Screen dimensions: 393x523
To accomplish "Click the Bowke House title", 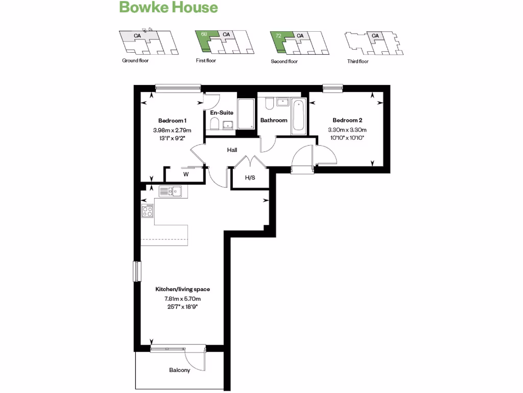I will (169, 8).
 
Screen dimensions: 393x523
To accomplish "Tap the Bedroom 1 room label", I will (172, 120).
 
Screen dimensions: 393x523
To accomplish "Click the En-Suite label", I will (222, 113).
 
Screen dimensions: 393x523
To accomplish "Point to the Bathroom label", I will (274, 120).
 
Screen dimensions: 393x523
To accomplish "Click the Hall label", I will (232, 150).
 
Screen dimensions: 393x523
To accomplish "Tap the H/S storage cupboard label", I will (250, 178).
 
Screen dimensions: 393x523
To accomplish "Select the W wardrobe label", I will (186, 174).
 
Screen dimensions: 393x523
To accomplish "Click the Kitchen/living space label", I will (182, 289).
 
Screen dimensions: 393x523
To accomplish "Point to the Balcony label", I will (179, 370).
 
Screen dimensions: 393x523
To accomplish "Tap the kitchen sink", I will (171, 191).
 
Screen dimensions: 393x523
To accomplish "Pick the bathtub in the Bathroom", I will (297, 117).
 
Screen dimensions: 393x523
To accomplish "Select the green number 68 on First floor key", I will (204, 34).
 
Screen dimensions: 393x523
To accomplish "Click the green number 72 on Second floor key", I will (278, 35).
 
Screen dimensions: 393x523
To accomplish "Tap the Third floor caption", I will (358, 61).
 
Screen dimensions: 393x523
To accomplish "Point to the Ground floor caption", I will (135, 61).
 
